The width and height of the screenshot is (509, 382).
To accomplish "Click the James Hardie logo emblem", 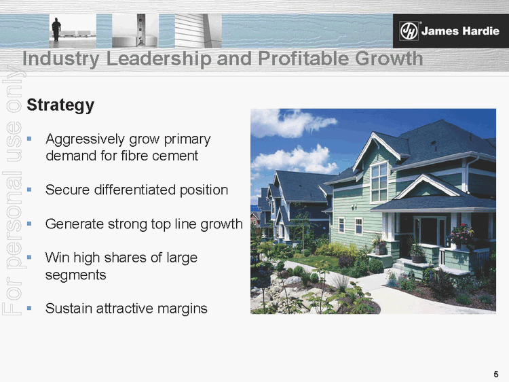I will click(409, 31).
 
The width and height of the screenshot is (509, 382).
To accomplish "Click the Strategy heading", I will click(60, 105).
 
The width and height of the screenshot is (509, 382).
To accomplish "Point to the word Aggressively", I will click(88, 139).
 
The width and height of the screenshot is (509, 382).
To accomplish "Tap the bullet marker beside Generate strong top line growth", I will click(29, 224).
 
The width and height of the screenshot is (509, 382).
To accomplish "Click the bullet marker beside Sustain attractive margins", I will click(29, 309).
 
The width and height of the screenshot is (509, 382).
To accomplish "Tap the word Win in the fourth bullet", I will click(57, 258).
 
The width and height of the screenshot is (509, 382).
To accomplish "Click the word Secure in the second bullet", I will click(67, 190).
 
